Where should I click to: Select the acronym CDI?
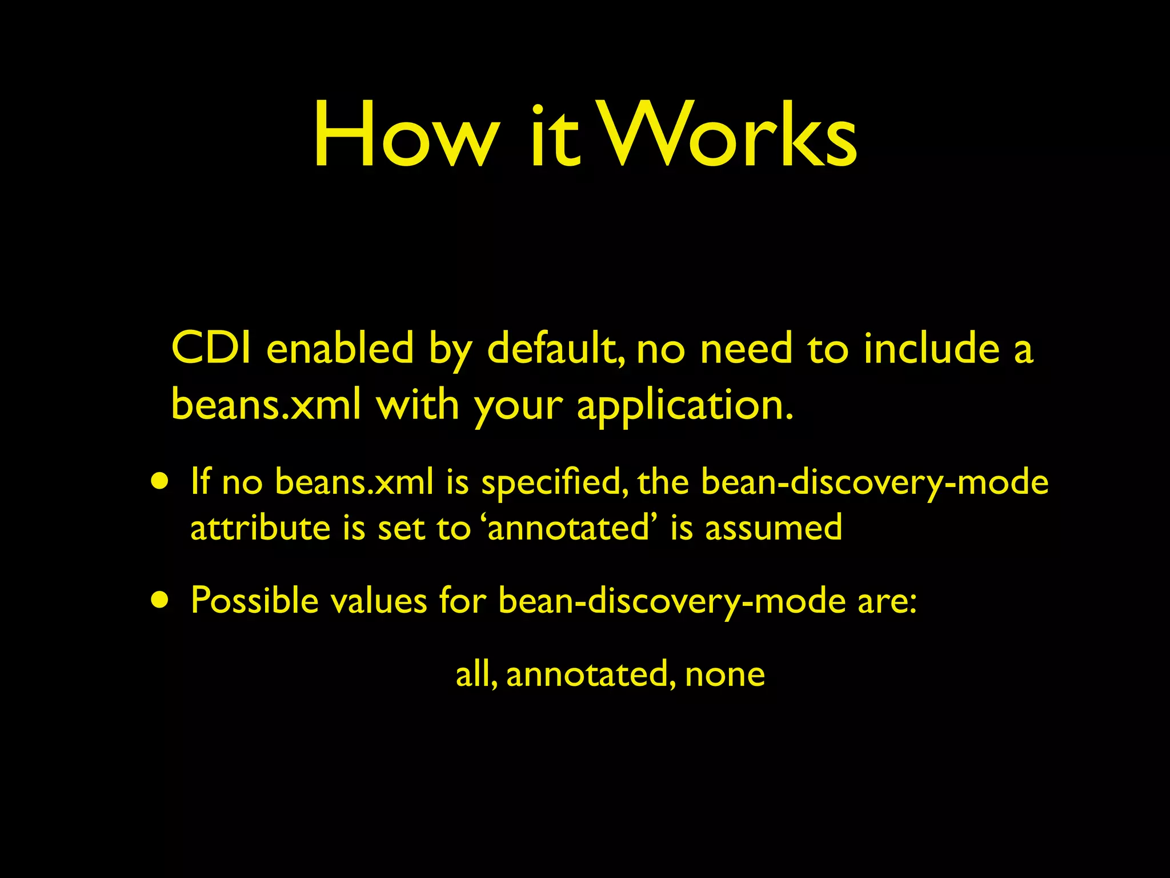[x=211, y=348]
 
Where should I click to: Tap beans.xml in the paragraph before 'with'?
[x=266, y=405]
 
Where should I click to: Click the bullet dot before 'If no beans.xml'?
[x=160, y=481]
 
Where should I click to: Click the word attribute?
[x=261, y=527]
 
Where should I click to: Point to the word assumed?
[x=774, y=527]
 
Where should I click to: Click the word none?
[x=725, y=675]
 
